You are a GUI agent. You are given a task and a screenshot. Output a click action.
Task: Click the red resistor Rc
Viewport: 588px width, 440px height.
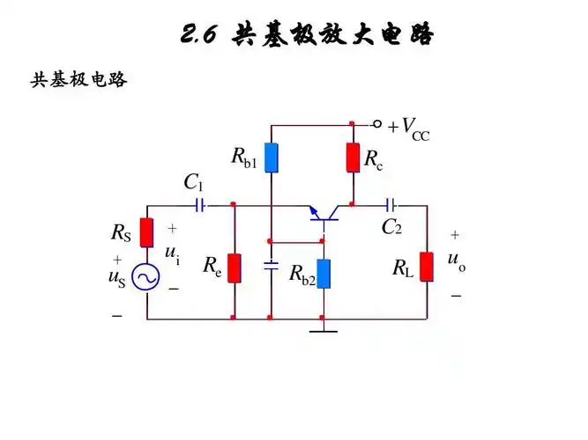click(352, 157)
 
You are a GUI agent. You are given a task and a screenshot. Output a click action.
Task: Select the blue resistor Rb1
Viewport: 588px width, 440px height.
click(272, 157)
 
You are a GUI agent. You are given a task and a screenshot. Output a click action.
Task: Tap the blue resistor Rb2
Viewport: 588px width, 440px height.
click(324, 274)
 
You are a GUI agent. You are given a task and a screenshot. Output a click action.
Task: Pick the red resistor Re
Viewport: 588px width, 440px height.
click(234, 268)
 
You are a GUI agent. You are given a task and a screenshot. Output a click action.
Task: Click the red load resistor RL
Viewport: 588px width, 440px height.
click(427, 266)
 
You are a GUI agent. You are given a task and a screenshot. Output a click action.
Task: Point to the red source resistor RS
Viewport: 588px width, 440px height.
click(147, 232)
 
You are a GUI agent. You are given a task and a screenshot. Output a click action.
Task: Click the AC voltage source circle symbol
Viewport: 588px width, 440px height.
click(146, 278)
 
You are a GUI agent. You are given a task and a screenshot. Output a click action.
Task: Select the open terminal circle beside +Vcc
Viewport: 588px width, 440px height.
click(377, 123)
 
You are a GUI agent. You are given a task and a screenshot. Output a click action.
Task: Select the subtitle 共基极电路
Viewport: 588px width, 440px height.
click(79, 80)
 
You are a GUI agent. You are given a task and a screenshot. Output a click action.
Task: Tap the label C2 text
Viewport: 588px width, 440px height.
click(391, 227)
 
